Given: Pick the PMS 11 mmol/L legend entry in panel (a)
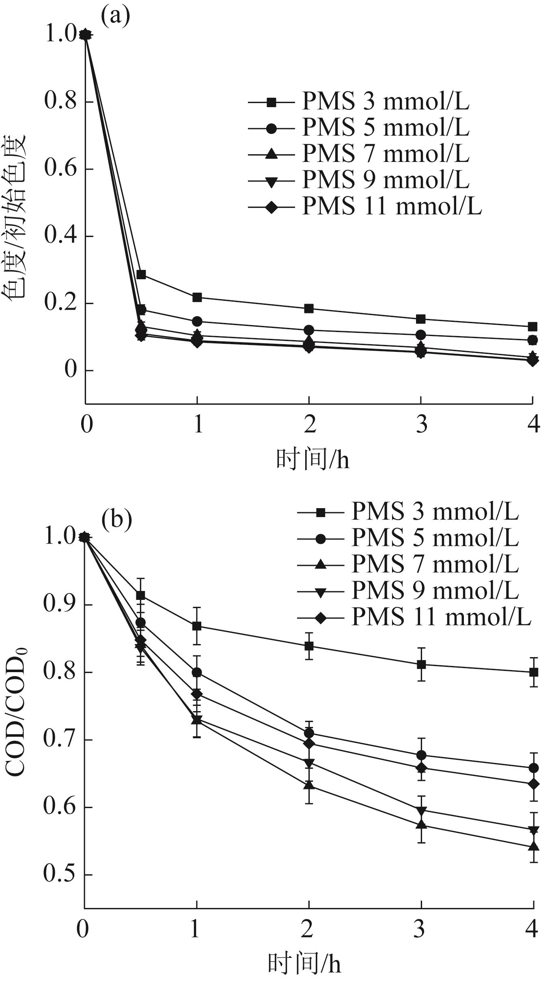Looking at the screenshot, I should click(x=365, y=207).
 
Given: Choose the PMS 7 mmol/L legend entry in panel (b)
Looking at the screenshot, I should click(x=408, y=564).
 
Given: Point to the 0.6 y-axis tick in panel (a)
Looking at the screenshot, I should click(x=60, y=168).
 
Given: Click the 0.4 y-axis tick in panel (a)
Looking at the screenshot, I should click(x=60, y=236).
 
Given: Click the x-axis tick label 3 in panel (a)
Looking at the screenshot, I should click(x=421, y=425).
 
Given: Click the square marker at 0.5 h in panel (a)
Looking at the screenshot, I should click(x=141, y=275).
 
